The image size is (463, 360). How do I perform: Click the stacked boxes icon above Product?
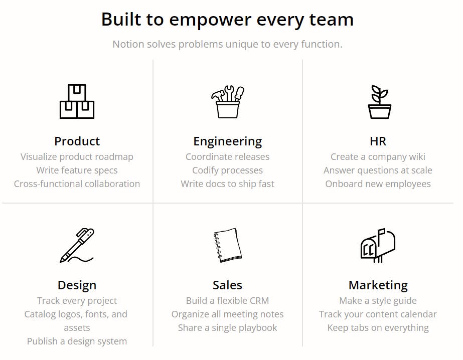pos(77,102)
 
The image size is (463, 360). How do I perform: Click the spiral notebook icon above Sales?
pos(227,245)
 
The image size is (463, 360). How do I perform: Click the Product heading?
pos(77,141)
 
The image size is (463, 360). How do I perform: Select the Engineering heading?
pos(227,142)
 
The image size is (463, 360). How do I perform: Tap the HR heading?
pos(378,141)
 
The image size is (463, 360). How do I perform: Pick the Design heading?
pos(77,286)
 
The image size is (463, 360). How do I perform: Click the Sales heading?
pos(227,285)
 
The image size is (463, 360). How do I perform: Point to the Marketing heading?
pos(378,286)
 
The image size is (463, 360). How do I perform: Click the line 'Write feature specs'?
pos(77,170)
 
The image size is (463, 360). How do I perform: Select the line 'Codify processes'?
pos(227,170)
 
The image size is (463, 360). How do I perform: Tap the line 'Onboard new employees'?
pos(378,184)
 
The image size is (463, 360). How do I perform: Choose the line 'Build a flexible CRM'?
pos(227,301)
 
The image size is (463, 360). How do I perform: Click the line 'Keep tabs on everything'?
pos(378,328)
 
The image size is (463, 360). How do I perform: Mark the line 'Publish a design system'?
pos(77,341)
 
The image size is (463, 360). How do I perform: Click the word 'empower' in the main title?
pos(210,20)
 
